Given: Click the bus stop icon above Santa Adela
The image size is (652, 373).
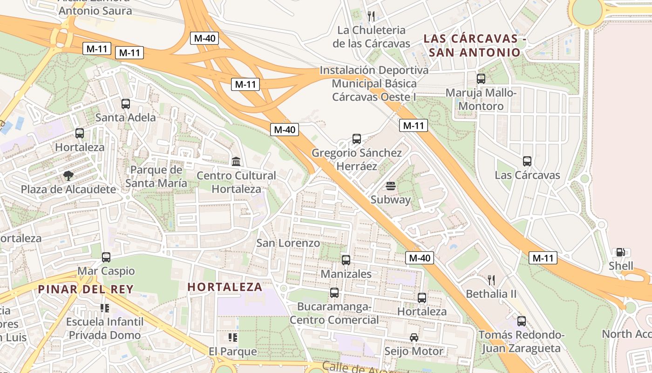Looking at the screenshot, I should point(125,104).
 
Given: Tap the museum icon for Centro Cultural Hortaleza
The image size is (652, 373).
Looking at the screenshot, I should point(236,162).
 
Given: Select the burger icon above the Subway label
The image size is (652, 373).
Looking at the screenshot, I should point(391,186).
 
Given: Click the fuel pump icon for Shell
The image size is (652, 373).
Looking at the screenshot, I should point(621,252).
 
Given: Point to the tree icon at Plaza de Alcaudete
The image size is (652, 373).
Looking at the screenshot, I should point(68,176).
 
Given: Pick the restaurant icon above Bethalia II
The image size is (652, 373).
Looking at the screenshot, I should point(491,280).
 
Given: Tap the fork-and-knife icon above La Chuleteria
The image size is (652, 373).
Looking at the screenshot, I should point(371,16).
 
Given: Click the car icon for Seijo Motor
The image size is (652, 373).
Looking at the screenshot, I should point(414,337).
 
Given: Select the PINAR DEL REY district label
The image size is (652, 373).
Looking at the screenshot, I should point(86,289).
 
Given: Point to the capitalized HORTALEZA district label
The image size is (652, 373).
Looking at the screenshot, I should point(225,287).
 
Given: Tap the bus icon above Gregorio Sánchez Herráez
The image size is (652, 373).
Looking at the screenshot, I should point(356,138).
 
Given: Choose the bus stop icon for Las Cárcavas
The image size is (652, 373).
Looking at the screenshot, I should point(527,161).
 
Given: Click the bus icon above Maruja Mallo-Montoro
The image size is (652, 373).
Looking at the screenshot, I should point(481,79).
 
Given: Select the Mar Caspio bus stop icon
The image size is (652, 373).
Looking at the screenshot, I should point(106,257).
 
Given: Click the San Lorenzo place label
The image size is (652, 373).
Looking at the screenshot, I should point(288,243).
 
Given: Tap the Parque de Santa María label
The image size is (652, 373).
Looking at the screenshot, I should point(156,176).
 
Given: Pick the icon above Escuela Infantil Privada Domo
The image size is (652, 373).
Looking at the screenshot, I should point(105,308).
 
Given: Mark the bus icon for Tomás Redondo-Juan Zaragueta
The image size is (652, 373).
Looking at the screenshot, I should point(521,321).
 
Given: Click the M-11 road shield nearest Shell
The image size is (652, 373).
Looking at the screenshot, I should point(543,257).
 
